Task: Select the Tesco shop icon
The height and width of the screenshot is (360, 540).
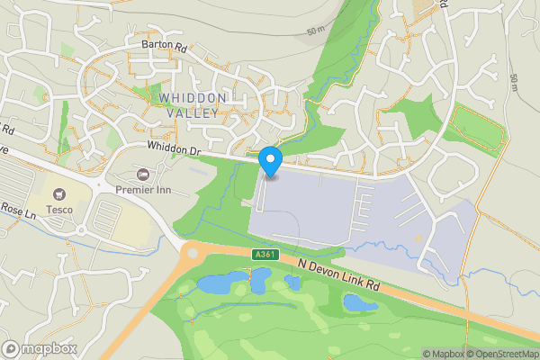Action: [x=60, y=193]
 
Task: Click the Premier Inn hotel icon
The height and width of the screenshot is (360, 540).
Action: [x=141, y=174]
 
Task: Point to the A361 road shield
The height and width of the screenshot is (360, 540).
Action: [x=262, y=256]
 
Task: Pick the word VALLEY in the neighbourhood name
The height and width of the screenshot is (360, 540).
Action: [x=192, y=112]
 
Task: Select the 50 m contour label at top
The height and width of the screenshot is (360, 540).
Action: [x=316, y=31]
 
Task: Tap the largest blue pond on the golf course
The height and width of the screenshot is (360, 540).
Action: [x=217, y=284]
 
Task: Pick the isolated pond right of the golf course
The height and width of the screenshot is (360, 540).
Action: [x=360, y=303]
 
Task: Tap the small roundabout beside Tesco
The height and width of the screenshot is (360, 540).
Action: [x=83, y=229]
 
